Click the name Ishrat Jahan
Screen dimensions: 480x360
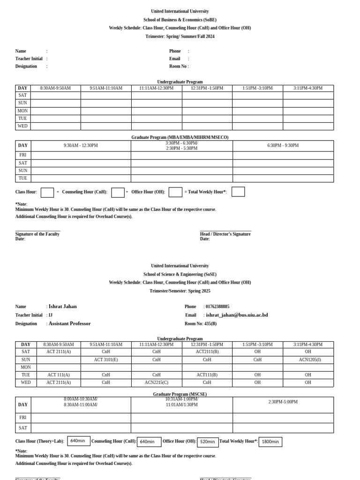click(x=62, y=307)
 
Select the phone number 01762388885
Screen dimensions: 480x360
click(x=217, y=307)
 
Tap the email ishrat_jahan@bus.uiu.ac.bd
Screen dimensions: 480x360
click(x=237, y=315)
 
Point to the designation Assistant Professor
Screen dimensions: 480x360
click(x=69, y=323)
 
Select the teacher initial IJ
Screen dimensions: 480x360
click(x=51, y=315)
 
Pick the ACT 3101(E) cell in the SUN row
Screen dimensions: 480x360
click(x=106, y=360)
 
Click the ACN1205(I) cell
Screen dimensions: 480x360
click(x=308, y=360)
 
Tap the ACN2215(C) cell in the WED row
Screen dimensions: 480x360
click(x=157, y=382)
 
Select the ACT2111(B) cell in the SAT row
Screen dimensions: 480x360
click(x=207, y=352)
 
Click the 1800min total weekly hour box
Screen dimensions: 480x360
click(x=270, y=442)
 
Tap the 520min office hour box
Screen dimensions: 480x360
click(x=208, y=442)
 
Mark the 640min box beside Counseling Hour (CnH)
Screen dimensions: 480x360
click(x=149, y=442)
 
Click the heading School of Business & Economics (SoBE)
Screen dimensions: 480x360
click(x=180, y=20)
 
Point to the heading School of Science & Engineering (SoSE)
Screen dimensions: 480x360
click(x=180, y=274)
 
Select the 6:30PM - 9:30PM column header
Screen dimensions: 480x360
click(x=283, y=145)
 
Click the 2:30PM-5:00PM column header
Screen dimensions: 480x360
click(x=283, y=402)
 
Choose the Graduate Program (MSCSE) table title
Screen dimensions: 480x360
click(x=180, y=394)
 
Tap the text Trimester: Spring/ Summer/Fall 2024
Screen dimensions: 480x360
click(x=180, y=37)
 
